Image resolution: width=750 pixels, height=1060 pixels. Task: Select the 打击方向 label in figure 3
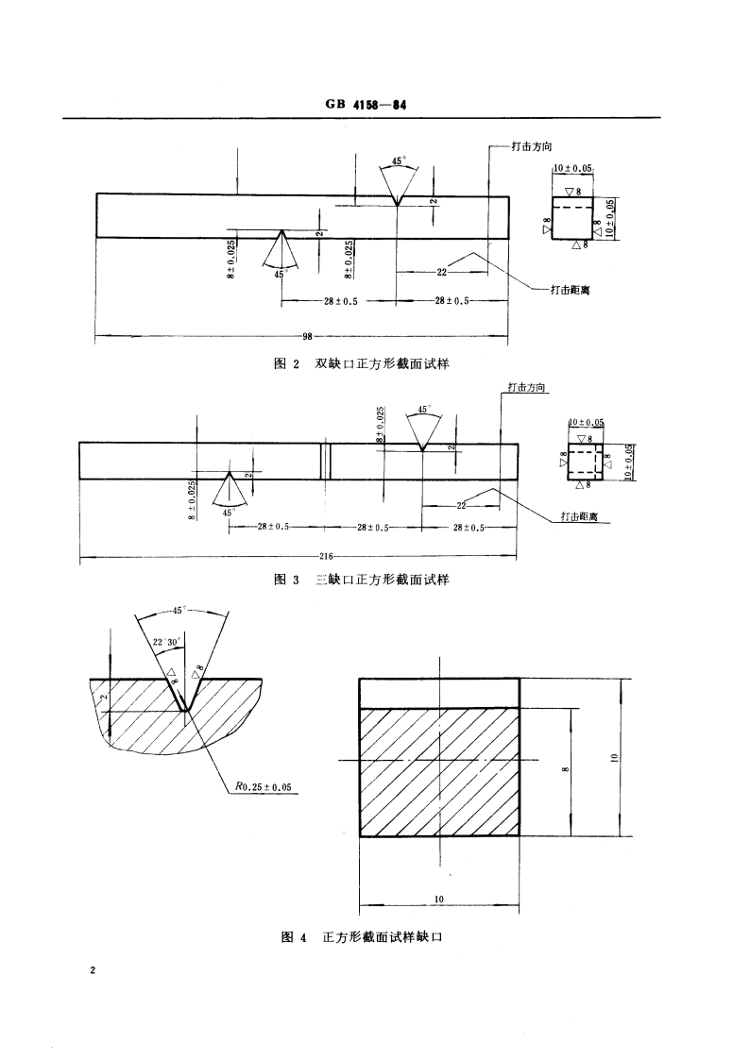[x=527, y=387]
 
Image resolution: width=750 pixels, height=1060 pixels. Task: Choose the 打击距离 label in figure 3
[x=579, y=516]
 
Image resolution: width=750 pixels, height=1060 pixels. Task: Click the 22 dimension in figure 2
[x=442, y=272]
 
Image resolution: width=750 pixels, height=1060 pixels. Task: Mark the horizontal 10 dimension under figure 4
[x=439, y=899]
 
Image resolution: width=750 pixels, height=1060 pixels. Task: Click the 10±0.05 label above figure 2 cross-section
[x=572, y=168]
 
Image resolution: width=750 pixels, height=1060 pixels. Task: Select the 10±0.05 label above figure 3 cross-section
[x=586, y=423]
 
